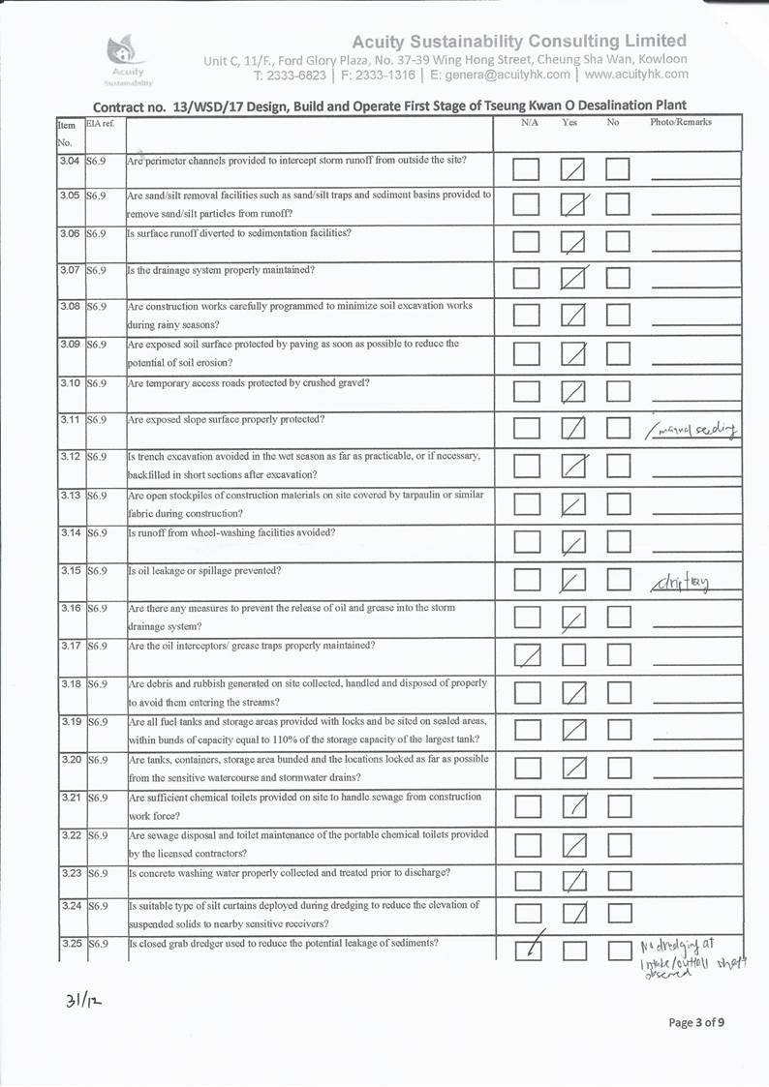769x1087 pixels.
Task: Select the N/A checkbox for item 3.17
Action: click(527, 656)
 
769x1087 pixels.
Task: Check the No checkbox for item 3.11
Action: click(618, 427)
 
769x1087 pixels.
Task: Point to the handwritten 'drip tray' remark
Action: click(682, 583)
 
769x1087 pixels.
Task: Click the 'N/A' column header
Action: click(529, 123)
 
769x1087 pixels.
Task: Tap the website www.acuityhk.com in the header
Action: click(636, 74)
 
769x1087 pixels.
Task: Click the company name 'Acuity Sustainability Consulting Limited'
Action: click(519, 41)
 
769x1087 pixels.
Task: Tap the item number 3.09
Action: click(68, 344)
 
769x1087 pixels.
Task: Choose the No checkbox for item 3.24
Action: click(618, 913)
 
